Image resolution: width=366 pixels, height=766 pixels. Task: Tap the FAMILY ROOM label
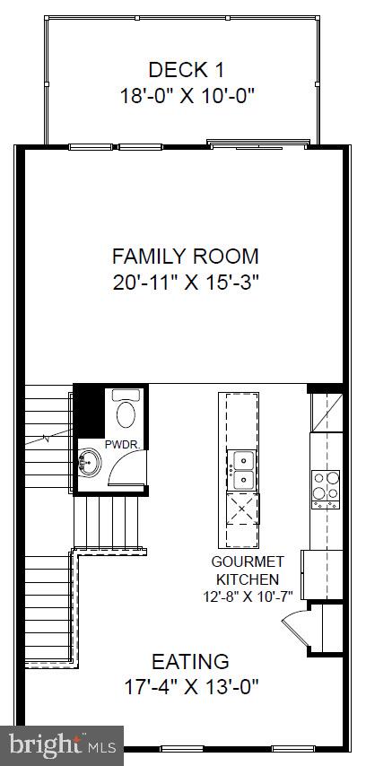click(x=186, y=255)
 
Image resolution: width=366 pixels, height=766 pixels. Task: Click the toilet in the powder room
click(x=126, y=413)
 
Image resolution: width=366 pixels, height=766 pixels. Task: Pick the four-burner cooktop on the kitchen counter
click(x=325, y=490)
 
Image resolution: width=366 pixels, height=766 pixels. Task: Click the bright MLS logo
click(x=63, y=744)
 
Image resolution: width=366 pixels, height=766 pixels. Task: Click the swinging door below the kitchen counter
click(x=295, y=624)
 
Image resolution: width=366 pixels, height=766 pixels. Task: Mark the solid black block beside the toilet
click(x=88, y=412)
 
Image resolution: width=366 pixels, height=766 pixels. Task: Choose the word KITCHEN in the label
click(x=247, y=579)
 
